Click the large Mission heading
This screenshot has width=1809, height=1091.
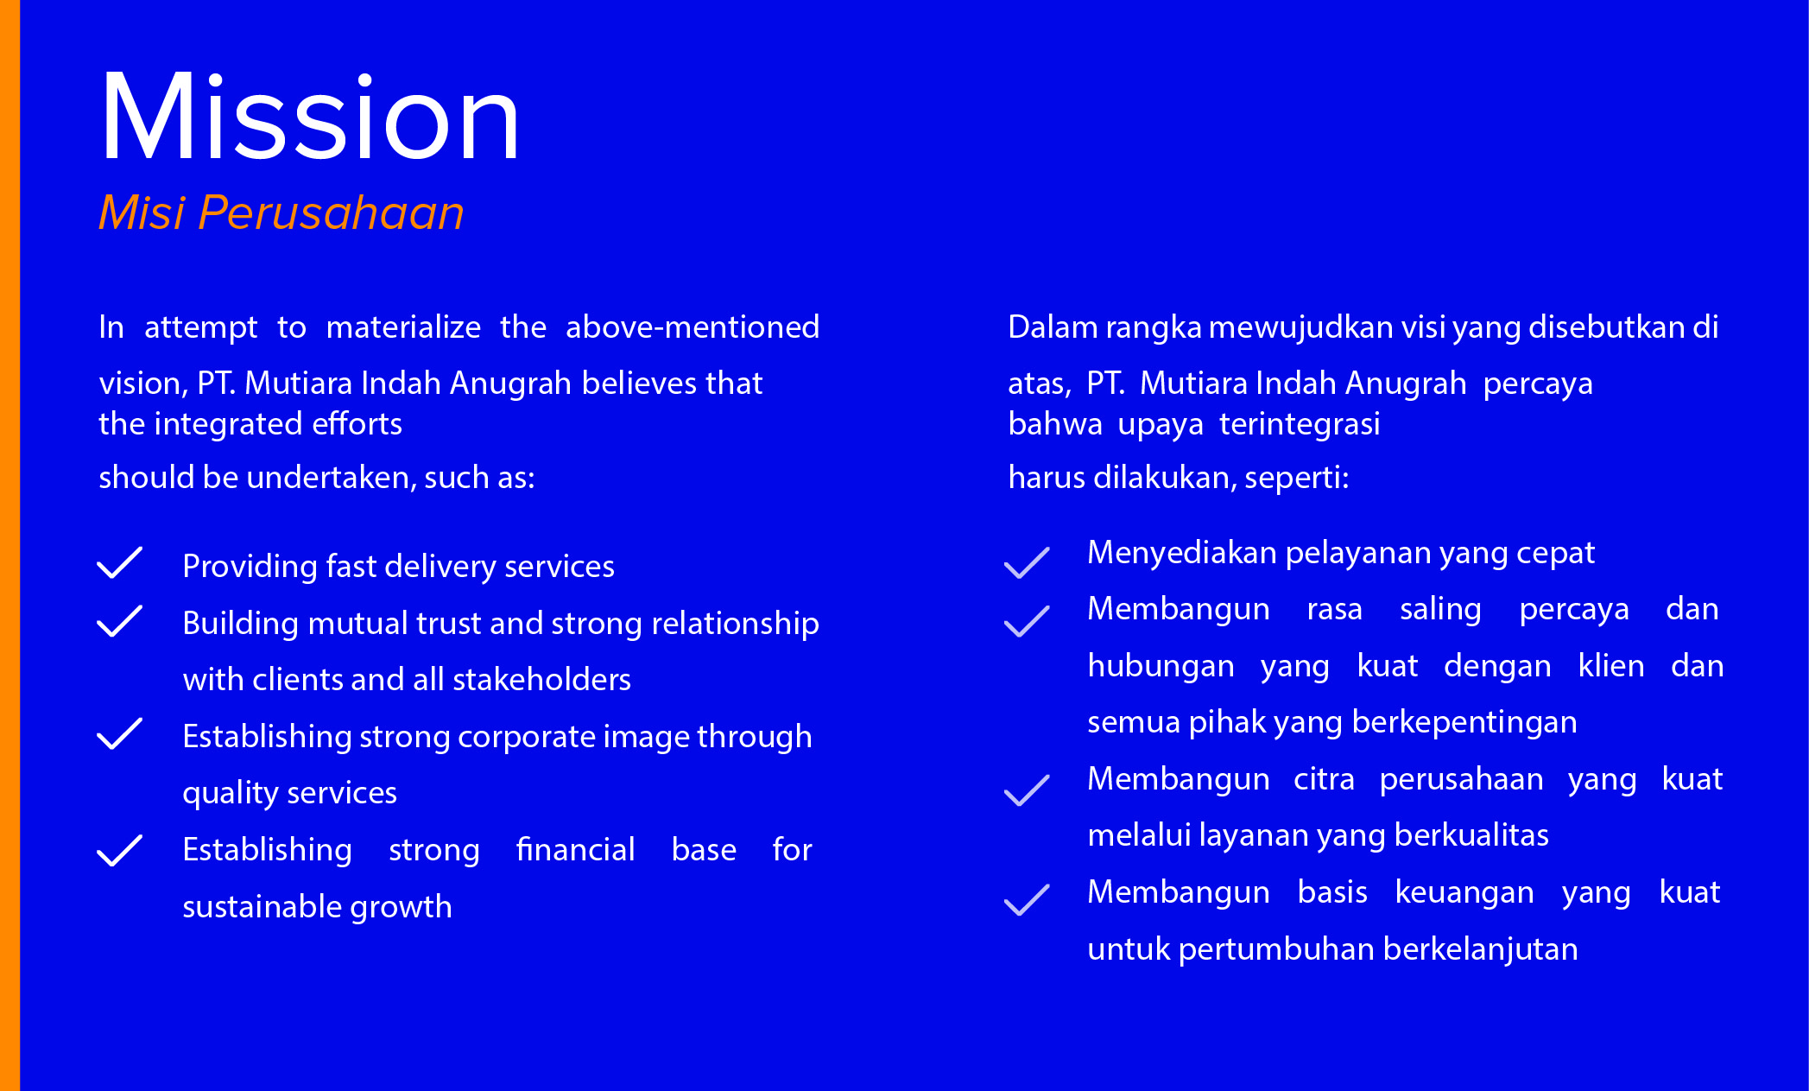pyautogui.click(x=309, y=116)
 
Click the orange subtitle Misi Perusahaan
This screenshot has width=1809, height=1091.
pyautogui.click(x=281, y=212)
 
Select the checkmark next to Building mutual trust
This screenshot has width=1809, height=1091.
pyautogui.click(x=119, y=621)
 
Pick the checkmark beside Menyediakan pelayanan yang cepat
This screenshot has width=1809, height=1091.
pyautogui.click(x=1027, y=562)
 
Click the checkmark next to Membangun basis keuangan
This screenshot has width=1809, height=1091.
pyautogui.click(x=1027, y=899)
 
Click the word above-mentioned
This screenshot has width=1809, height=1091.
pyautogui.click(x=693, y=327)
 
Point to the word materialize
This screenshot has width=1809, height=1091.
pyautogui.click(x=403, y=327)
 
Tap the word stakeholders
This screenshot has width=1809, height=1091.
pyautogui.click(x=541, y=680)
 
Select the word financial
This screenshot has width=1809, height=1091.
pyautogui.click(x=575, y=849)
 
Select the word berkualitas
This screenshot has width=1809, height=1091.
pyautogui.click(x=1471, y=835)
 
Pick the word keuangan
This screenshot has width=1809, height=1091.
pyautogui.click(x=1464, y=893)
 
